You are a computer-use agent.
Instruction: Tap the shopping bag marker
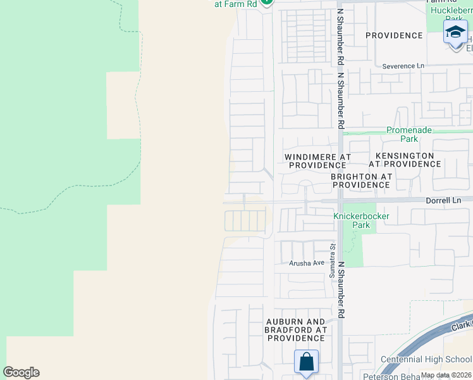pyautogui.click(x=306, y=362)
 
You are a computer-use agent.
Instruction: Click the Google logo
pyautogui.click(x=21, y=372)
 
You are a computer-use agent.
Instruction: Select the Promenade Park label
pyautogui.click(x=410, y=134)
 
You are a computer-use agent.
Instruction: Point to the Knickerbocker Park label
pyautogui.click(x=360, y=220)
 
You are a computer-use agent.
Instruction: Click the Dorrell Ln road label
pyautogui.click(x=443, y=200)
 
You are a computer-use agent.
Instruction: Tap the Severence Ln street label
pyautogui.click(x=403, y=66)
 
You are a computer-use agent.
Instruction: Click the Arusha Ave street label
pyautogui.click(x=307, y=263)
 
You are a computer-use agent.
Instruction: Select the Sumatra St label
pyautogui.click(x=331, y=260)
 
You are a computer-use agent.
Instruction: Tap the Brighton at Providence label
pyautogui.click(x=361, y=180)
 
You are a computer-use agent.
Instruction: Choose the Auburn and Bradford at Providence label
pyautogui.click(x=296, y=330)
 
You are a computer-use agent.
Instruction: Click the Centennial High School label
pyautogui.click(x=425, y=359)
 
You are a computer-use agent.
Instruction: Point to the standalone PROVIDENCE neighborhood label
pyautogui.click(x=394, y=35)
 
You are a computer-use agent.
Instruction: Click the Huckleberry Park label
pyautogui.click(x=450, y=15)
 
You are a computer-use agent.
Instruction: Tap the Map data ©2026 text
pyautogui.click(x=446, y=375)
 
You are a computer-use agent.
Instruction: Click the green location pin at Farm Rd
pyautogui.click(x=267, y=2)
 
